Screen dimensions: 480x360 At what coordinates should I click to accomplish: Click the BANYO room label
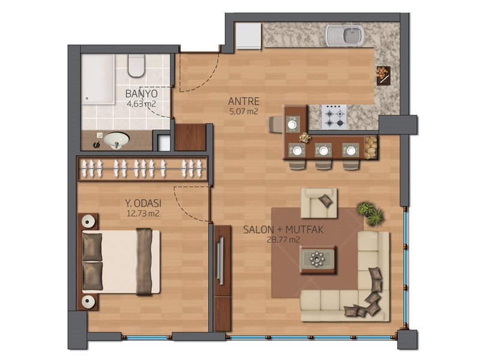(x=142, y=94)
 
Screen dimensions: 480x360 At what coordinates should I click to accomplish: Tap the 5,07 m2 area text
(x=244, y=111)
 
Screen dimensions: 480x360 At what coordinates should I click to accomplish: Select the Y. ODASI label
(x=143, y=203)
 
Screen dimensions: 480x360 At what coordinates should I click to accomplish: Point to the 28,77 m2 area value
(x=283, y=239)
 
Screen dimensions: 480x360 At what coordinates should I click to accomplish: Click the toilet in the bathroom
(x=136, y=65)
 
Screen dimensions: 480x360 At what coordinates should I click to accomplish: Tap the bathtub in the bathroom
(x=98, y=79)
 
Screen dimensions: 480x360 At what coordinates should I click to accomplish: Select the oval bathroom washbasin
(x=116, y=140)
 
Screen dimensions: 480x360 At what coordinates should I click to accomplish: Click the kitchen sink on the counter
(x=345, y=35)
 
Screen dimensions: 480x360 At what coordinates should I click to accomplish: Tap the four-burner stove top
(x=334, y=116)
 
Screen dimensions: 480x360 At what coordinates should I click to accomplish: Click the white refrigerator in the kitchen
(x=248, y=36)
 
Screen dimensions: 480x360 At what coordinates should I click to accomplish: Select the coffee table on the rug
(x=317, y=260)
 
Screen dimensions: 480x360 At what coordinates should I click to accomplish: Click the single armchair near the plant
(x=319, y=203)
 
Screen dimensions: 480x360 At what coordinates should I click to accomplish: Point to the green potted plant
(x=370, y=213)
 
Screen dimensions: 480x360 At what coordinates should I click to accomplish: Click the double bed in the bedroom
(x=121, y=262)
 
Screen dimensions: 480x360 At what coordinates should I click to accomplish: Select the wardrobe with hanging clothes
(x=142, y=169)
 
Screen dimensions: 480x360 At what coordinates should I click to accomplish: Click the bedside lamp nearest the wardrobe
(x=88, y=221)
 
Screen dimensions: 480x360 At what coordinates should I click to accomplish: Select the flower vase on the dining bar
(x=304, y=137)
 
